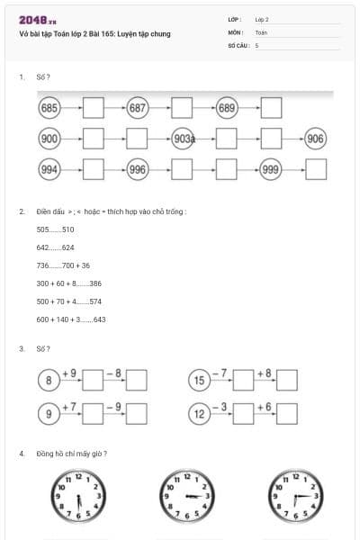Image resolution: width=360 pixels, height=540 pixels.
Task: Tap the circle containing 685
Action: point(49,109)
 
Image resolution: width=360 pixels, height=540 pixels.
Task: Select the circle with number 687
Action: point(137,109)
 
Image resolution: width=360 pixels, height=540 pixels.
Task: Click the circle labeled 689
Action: point(226,109)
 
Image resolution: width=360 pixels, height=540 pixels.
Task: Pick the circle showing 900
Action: point(49,139)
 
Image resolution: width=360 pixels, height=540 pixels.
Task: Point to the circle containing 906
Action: point(315,139)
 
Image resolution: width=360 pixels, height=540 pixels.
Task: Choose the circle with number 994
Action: point(49,169)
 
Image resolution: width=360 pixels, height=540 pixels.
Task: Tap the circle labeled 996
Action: point(137,169)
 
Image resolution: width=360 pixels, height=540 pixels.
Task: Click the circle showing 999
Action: point(271,169)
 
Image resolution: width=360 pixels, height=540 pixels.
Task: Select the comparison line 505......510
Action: point(55,229)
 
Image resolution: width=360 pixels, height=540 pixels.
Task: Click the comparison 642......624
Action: point(55,247)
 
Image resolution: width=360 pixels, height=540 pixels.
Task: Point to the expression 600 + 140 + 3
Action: point(59,319)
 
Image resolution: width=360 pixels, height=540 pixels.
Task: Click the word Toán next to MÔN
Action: point(261,31)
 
